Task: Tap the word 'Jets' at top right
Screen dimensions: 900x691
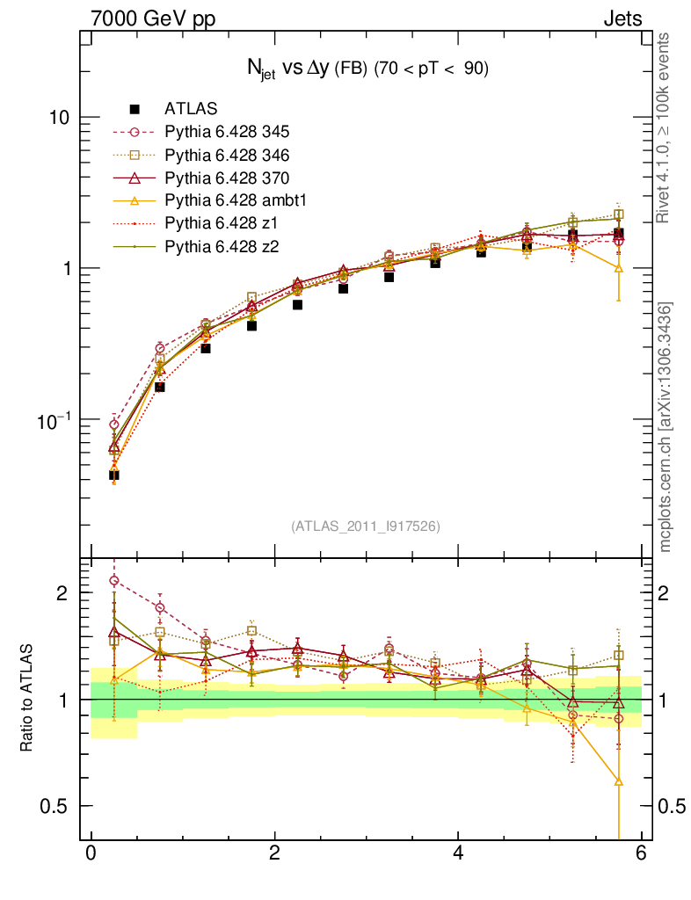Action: (x=622, y=18)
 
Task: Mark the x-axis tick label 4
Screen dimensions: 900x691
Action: (x=458, y=853)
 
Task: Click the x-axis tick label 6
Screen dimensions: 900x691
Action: (x=642, y=853)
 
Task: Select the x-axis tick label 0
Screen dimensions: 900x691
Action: (x=91, y=853)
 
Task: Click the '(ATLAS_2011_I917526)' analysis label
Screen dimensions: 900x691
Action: (x=366, y=526)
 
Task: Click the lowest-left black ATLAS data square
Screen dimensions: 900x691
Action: (x=113, y=475)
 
